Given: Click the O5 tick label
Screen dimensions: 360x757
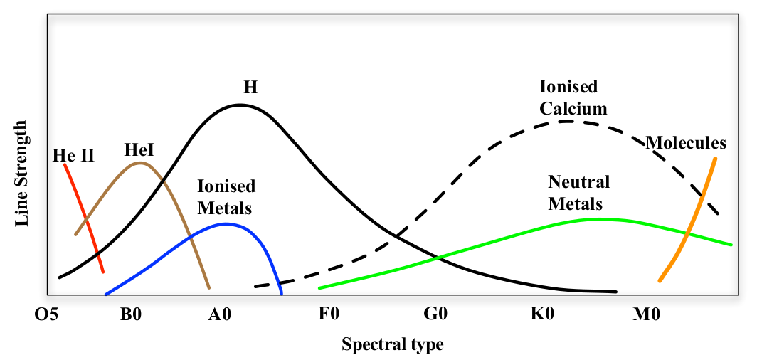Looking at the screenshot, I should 47,314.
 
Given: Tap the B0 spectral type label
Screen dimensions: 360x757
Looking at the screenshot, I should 131,314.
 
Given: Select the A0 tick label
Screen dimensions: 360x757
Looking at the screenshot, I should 221,314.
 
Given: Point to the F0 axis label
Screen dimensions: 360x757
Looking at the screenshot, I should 329,314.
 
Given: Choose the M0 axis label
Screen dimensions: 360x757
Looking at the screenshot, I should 647,314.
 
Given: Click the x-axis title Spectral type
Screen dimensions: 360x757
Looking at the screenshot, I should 393,345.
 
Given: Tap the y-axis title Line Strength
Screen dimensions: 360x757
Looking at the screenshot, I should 21,174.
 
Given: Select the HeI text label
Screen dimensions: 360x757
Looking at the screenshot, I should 139,149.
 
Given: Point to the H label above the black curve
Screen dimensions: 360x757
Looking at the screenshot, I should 250,88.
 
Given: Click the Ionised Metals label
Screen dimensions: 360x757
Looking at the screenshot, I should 226,197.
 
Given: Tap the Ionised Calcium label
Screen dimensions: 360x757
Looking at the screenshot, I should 573,97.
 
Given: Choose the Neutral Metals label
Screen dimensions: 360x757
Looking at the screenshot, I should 579,193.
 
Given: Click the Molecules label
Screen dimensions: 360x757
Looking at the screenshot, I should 686,143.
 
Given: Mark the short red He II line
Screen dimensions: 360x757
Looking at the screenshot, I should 84,217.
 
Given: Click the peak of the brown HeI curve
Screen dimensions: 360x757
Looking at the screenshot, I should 140,163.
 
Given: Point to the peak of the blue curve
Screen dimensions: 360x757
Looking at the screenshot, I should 226,223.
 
